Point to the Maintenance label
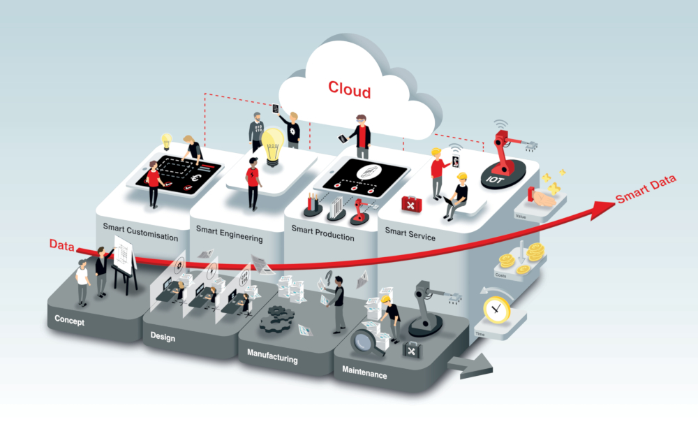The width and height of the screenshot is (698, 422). pos(364,374)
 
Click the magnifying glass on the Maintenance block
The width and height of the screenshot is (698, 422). pos(363,343)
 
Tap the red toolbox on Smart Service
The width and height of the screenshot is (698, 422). pos(410,203)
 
